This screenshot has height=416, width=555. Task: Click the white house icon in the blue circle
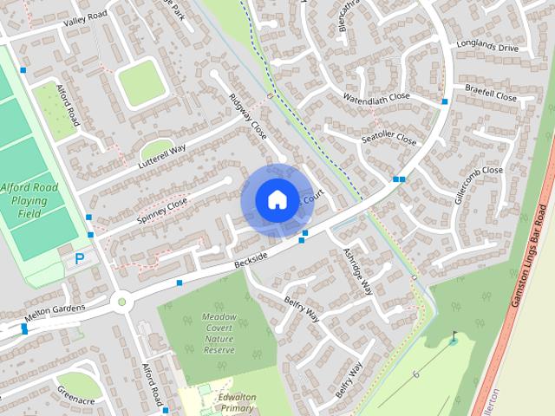coord(276,200)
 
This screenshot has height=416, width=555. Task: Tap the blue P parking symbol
coord(79,257)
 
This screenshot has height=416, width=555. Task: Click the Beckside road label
coord(251,257)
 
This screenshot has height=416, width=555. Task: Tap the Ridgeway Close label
coord(247,118)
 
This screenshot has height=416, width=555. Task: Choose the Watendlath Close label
coord(375,97)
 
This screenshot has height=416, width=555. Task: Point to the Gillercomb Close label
coord(478,185)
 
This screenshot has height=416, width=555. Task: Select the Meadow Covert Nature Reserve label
coord(219,334)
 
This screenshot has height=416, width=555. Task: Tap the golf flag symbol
coord(454,336)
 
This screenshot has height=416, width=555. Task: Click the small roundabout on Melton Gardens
coord(121,302)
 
